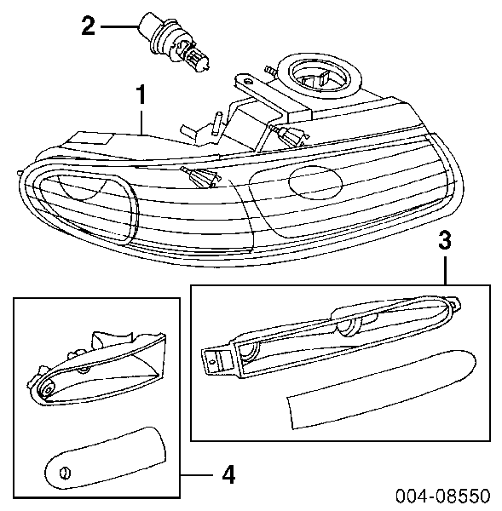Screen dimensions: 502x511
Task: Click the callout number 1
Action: coord(141,95)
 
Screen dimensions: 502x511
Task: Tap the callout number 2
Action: coord(88,26)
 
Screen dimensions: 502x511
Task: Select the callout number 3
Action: coord(445,241)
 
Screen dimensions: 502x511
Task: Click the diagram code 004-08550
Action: coord(442,496)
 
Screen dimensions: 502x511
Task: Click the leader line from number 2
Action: coord(119,26)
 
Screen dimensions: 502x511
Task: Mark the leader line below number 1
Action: coord(141,122)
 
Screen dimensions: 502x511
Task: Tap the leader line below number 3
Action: coord(445,271)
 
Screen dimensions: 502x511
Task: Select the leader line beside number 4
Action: coord(197,475)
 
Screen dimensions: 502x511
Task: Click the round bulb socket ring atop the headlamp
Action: coord(324,75)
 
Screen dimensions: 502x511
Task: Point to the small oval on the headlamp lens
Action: coord(315,182)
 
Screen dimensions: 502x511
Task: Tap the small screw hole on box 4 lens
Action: coord(66,473)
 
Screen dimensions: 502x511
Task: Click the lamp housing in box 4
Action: coord(97,370)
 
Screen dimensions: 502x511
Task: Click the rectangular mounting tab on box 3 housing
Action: coord(213,360)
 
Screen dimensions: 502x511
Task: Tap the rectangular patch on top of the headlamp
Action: coord(89,139)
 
